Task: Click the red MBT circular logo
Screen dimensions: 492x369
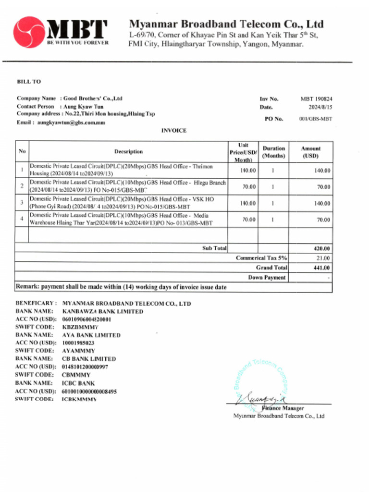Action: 29,32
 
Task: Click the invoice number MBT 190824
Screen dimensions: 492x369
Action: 316,98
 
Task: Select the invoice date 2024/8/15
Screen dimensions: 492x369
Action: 320,107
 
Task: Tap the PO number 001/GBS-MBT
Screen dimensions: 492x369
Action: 315,119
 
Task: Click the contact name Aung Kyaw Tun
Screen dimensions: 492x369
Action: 81,106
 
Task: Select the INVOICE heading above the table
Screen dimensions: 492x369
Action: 173,131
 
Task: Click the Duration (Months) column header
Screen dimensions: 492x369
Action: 273,152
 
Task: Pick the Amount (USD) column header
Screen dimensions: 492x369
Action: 310,152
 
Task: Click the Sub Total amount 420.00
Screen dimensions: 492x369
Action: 321,248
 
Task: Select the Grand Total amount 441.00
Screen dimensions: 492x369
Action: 321,268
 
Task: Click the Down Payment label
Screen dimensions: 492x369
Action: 267,277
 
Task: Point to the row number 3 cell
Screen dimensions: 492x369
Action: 22,202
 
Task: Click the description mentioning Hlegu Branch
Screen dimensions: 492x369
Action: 127,186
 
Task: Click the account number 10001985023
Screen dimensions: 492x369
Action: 78,343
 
